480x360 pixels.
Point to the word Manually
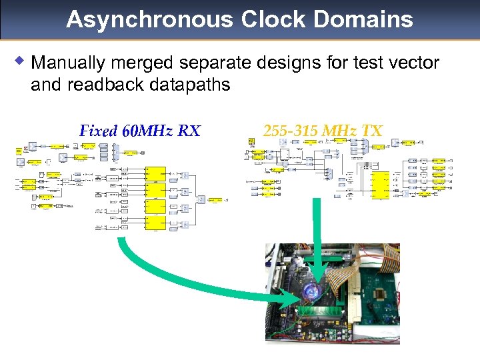point(68,64)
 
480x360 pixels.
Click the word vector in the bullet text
point(415,63)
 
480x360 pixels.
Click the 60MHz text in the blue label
point(147,131)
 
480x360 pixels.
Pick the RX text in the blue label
point(189,131)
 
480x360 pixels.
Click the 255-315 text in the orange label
point(291,131)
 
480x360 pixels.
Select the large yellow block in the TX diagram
point(381,185)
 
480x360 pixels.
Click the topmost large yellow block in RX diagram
point(155,175)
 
